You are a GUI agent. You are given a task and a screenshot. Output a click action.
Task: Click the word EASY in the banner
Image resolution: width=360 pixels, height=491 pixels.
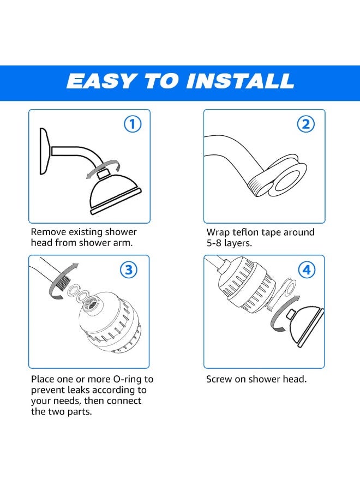(101, 81)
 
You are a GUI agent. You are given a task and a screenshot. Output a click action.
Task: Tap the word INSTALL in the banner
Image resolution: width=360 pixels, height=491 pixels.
(240, 81)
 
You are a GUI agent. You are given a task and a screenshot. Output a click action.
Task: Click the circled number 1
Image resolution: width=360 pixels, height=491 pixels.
(133, 124)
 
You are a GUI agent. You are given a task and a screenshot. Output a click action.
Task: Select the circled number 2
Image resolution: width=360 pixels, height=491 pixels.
(305, 124)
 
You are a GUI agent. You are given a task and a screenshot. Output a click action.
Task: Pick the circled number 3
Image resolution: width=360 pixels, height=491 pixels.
(129, 270)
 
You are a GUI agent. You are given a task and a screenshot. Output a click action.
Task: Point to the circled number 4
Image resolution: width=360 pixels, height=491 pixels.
(307, 270)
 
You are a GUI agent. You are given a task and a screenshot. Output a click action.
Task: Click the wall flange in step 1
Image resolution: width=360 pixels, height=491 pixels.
(44, 151)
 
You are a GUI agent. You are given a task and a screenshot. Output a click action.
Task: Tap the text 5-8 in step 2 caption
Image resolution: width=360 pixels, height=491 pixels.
(214, 243)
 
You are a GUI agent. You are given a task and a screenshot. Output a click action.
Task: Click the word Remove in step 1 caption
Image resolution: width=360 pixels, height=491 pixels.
(48, 232)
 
